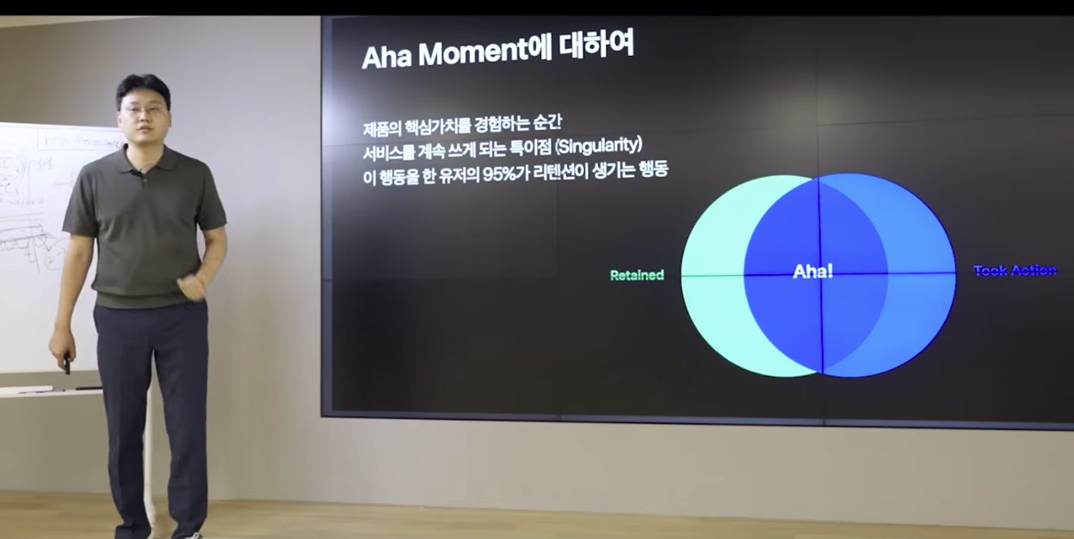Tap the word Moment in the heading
click(x=472, y=54)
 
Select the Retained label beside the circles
click(x=637, y=275)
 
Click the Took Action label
click(x=1015, y=271)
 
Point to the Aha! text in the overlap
click(x=812, y=272)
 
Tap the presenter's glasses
click(x=143, y=109)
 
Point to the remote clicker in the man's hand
click(x=66, y=364)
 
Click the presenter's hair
click(x=143, y=86)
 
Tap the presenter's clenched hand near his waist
click(x=191, y=285)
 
